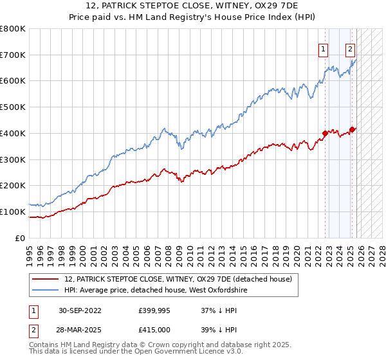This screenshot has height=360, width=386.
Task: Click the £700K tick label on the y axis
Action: pos(13,55)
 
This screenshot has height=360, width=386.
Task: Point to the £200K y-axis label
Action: pos(13,186)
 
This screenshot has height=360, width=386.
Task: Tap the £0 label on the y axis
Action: pos(21,238)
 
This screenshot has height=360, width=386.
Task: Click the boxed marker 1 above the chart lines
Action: pos(323,48)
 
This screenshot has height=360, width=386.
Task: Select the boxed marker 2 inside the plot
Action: pos(351,48)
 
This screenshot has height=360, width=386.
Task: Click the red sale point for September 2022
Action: pos(325,134)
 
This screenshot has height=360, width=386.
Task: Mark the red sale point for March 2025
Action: pos(352,129)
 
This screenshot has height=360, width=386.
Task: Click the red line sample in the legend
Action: pos(46,279)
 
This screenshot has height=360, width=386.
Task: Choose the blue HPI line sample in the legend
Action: pos(46,291)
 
